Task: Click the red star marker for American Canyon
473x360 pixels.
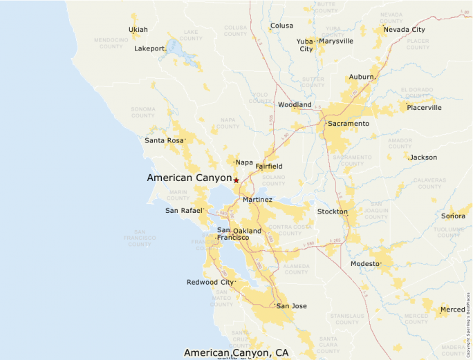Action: (x=236, y=180)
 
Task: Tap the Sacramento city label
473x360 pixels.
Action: (x=349, y=124)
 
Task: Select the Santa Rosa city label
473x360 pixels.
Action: (x=165, y=140)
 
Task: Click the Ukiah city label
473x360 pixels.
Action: (x=138, y=30)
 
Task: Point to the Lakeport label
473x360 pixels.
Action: (x=150, y=48)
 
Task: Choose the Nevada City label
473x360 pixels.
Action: (x=405, y=30)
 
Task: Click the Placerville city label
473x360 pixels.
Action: (x=424, y=108)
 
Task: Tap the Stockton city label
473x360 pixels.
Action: (x=332, y=211)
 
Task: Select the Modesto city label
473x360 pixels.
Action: (x=365, y=264)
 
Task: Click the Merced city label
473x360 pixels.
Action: (x=452, y=310)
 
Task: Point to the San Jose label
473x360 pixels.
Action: (x=292, y=306)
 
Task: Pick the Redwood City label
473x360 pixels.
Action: (x=210, y=282)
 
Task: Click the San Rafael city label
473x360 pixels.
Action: (x=184, y=211)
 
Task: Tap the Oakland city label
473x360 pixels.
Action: (x=247, y=231)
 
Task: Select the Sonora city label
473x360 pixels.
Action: (x=453, y=216)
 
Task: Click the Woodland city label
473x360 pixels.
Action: (x=295, y=105)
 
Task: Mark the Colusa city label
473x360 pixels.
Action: (x=281, y=26)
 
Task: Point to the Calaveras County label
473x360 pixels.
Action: (x=429, y=183)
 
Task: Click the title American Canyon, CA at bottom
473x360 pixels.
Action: (x=236, y=352)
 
